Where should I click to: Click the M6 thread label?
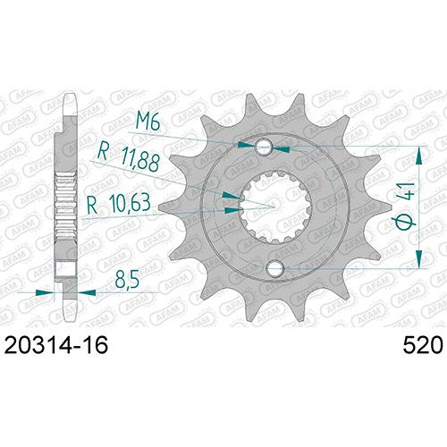click(x=148, y=122)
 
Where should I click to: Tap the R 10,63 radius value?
click(x=118, y=204)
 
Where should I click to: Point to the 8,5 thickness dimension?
click(x=127, y=279)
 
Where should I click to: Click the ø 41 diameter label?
click(x=405, y=207)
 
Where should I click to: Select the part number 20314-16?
click(x=56, y=345)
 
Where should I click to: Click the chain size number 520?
click(x=423, y=345)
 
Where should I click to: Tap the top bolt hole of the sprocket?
click(x=265, y=147)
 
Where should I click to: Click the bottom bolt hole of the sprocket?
click(x=275, y=268)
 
